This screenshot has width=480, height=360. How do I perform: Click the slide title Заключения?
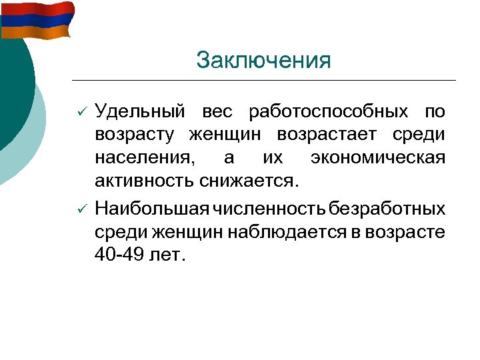point(263,61)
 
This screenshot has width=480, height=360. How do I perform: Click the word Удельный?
point(137,111)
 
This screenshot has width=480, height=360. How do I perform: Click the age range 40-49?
point(122,256)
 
